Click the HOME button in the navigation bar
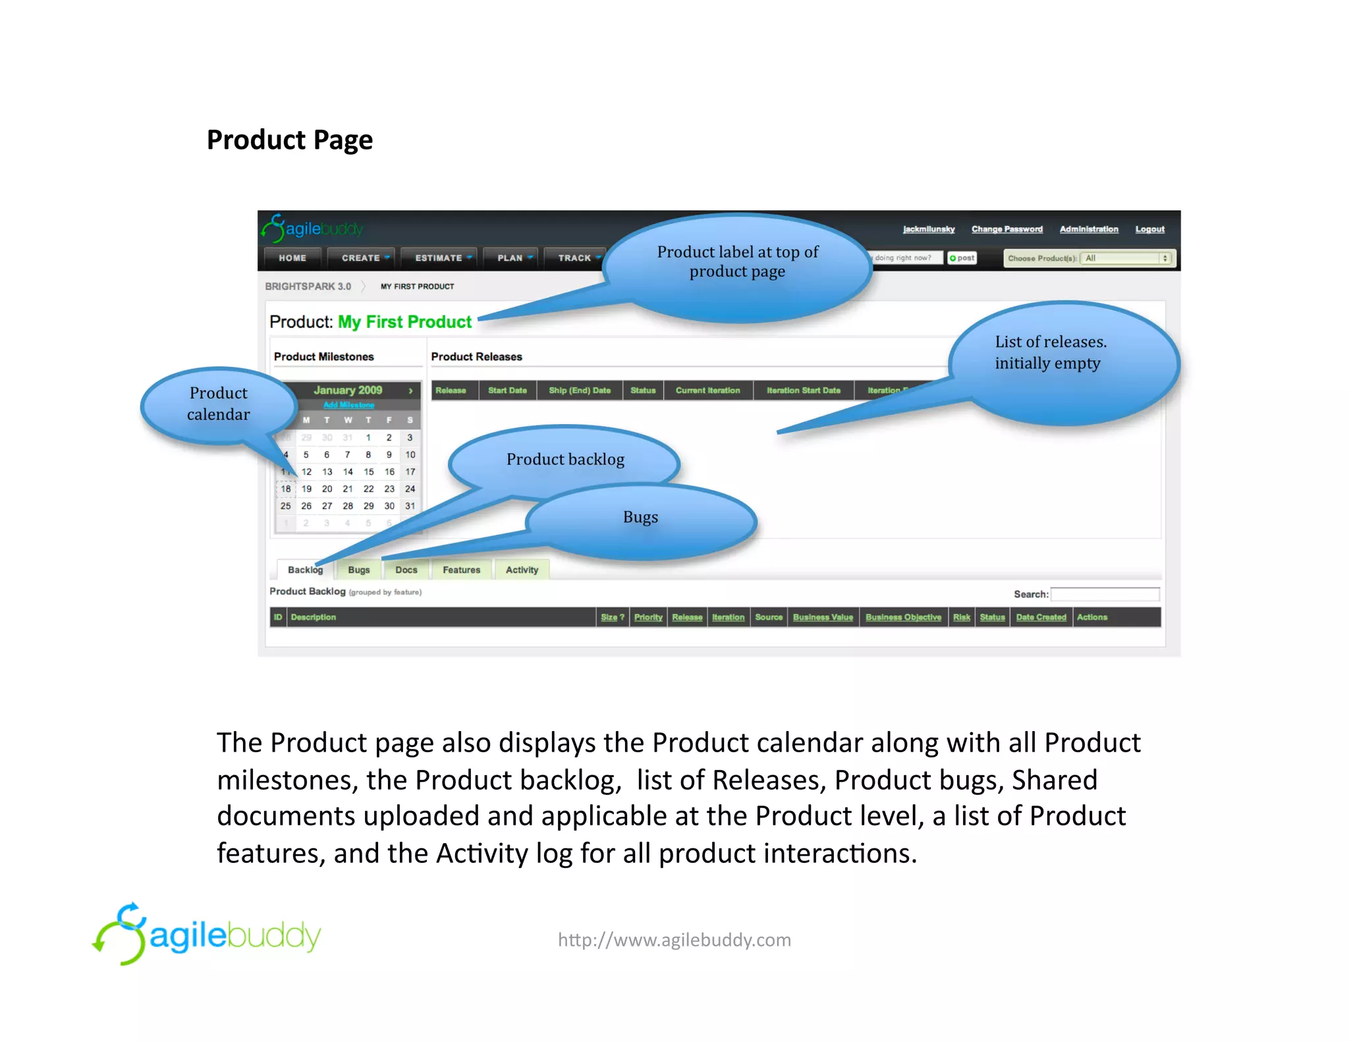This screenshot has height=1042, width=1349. pos(292,258)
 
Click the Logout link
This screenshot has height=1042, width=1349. pos(1149,229)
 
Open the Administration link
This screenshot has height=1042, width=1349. pos(1088,229)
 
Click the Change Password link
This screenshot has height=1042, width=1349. pos(1006,229)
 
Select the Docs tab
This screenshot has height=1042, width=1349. pos(406,570)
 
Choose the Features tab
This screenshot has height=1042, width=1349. pos(461,570)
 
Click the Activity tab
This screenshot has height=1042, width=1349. pos(522,570)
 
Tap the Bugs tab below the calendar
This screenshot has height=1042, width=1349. pos(358,570)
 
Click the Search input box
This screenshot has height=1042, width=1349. pos(1105,594)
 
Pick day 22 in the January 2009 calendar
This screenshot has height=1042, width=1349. pos(368,489)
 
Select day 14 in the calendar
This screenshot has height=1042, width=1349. pos(348,472)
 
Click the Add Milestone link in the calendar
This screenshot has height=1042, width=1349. pos(348,405)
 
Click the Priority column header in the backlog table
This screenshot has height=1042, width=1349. pos(648,617)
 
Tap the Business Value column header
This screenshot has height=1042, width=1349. pos(823,617)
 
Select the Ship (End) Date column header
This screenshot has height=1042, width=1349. pos(580,391)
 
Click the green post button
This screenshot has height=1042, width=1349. pos(962,258)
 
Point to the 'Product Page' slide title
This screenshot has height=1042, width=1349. pos(290,140)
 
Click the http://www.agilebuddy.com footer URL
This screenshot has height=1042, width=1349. pos(674,939)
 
